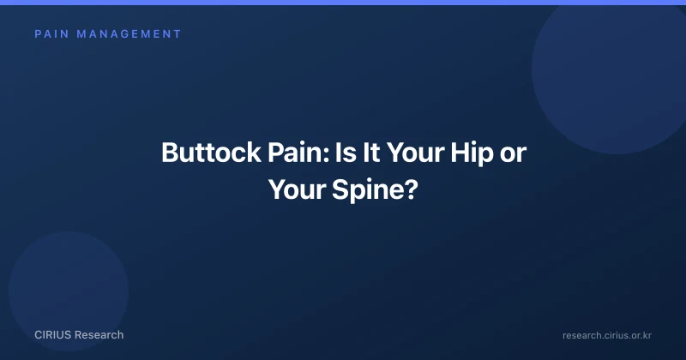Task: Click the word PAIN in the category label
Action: pos(52,34)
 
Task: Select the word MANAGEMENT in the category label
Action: pos(129,34)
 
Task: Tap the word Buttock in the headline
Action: pos(211,153)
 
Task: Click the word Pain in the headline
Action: pos(296,153)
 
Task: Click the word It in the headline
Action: pos(370,153)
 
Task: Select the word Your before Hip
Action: pos(415,153)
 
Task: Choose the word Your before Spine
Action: pos(297,189)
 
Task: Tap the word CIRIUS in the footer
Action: pos(52,335)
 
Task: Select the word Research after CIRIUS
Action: pos(99,335)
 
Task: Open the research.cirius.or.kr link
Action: pos(607,335)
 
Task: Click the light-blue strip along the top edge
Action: pos(343,3)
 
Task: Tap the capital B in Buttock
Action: pos(169,153)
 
